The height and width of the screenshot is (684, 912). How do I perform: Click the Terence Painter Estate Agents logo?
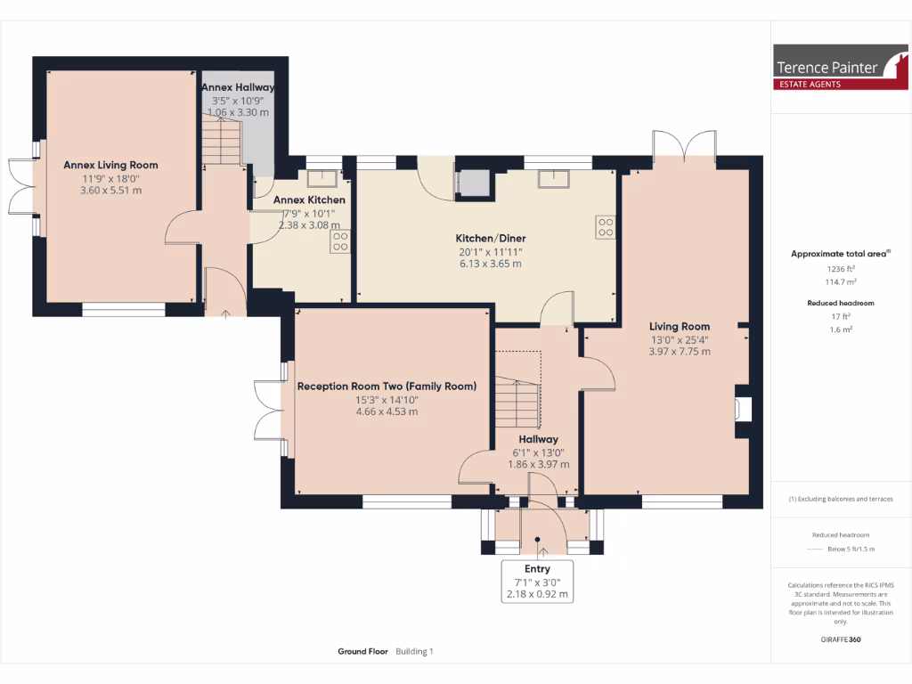pos(840,68)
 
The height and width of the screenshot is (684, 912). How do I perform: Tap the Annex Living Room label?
pos(110,165)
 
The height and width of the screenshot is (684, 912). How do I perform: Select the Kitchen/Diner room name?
pos(491,239)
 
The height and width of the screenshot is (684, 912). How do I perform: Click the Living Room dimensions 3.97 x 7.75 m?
pos(680,351)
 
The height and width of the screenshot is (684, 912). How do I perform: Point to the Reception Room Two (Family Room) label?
pos(387,387)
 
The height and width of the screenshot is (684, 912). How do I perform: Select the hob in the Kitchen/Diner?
pos(606,228)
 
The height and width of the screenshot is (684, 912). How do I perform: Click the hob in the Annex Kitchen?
pos(340,241)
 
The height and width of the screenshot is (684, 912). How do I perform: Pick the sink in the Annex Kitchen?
pos(323,177)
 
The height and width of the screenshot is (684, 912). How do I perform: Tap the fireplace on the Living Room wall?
pos(742,410)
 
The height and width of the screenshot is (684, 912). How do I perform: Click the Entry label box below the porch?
pos(538,581)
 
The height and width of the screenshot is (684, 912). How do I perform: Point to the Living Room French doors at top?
pos(684,143)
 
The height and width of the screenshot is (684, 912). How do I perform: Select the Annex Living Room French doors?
pos(21,187)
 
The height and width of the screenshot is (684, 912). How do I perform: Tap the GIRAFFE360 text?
pos(840,639)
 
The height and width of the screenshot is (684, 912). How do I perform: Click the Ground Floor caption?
pos(362,652)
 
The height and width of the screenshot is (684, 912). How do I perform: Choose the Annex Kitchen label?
pos(309,200)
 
